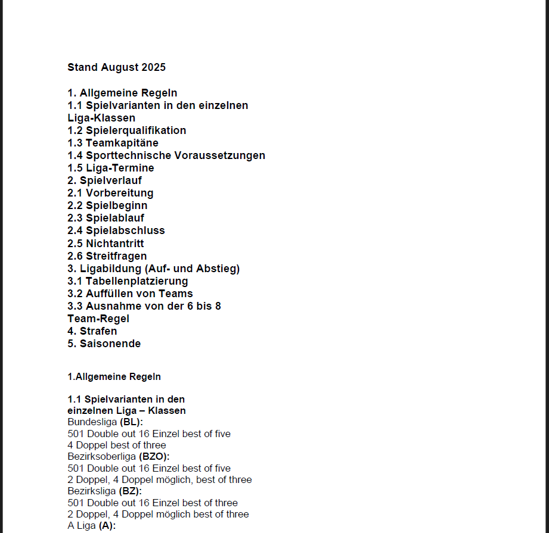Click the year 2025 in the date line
tap(153, 67)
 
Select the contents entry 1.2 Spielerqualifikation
tap(126, 130)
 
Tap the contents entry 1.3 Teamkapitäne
tap(113, 143)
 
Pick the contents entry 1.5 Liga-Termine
tap(110, 168)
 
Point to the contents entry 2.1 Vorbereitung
tap(110, 193)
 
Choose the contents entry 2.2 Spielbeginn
tap(107, 205)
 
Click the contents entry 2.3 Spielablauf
tap(106, 218)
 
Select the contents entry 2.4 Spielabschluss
tap(116, 230)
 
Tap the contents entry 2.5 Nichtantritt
tap(106, 243)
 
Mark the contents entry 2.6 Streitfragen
tap(107, 255)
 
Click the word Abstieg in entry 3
tap(221, 269)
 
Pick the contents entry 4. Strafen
tap(92, 331)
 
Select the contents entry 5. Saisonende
tap(104, 344)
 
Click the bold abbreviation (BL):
tap(131, 422)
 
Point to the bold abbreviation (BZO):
tap(154, 457)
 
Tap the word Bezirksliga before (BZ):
tap(92, 491)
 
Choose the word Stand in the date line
tap(82, 67)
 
